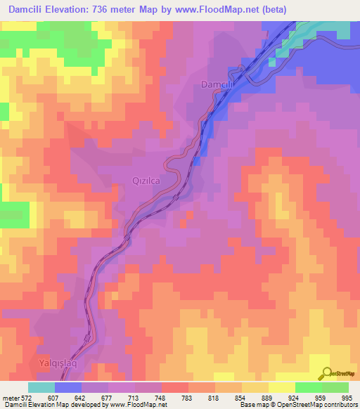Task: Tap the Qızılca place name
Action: [x=147, y=181]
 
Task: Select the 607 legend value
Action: [x=53, y=397]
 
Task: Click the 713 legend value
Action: [x=134, y=397]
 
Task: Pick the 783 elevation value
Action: [x=186, y=397]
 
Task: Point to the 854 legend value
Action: [x=240, y=397]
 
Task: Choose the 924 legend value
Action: [x=294, y=397]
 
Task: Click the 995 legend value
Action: [x=347, y=397]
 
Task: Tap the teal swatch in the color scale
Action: [x=41, y=387]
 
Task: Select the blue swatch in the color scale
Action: [x=68, y=387]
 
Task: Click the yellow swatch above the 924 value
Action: [x=281, y=387]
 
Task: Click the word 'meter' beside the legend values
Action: [x=8, y=397]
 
